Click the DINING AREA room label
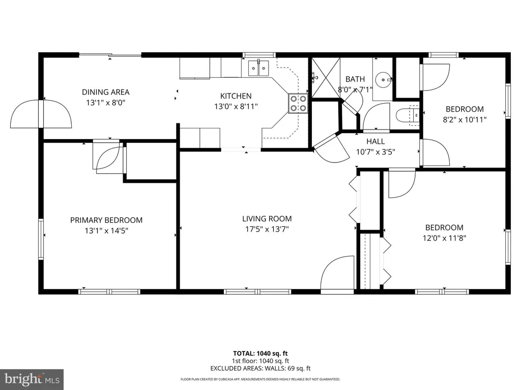coord(106,92)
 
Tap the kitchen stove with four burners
coord(298,104)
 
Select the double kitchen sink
coord(258,68)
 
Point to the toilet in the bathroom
coord(408,115)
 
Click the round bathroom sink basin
coord(383,80)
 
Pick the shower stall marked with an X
coord(326,78)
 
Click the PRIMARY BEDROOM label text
coord(106,220)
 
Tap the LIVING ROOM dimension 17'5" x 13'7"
coord(267,229)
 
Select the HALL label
coord(375,142)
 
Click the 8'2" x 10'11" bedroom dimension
coord(465,120)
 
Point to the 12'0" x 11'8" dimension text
coord(444,238)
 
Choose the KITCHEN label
coord(236,96)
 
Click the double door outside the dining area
coord(41,113)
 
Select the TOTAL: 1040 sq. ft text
coord(260,353)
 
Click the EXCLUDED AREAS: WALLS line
coord(260,369)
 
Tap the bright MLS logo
coord(32,379)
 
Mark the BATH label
coord(355,79)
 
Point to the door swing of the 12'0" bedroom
coord(402,184)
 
